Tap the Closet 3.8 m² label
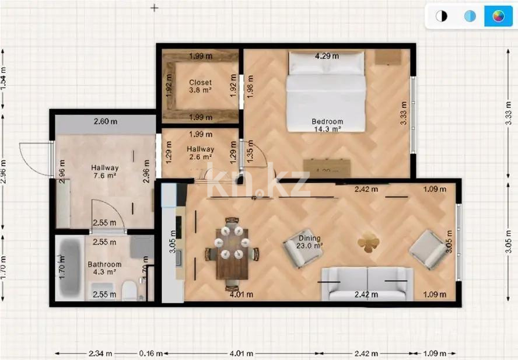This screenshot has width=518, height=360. tap(200, 86)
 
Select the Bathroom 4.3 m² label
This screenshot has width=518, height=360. tap(104, 268)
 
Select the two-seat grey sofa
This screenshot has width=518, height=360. tap(366, 284)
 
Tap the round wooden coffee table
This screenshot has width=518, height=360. tap(368, 243)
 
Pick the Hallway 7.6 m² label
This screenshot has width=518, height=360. tap(104, 172)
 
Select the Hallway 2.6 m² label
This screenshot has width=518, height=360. tap(200, 153)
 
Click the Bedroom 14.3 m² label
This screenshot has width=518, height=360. tap(327, 125)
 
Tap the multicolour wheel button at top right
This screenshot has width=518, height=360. tap(498, 16)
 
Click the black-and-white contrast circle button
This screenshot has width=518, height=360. tap(442, 16)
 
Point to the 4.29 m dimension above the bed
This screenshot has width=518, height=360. tap(327, 57)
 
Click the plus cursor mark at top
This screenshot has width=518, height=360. tap(155, 8)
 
